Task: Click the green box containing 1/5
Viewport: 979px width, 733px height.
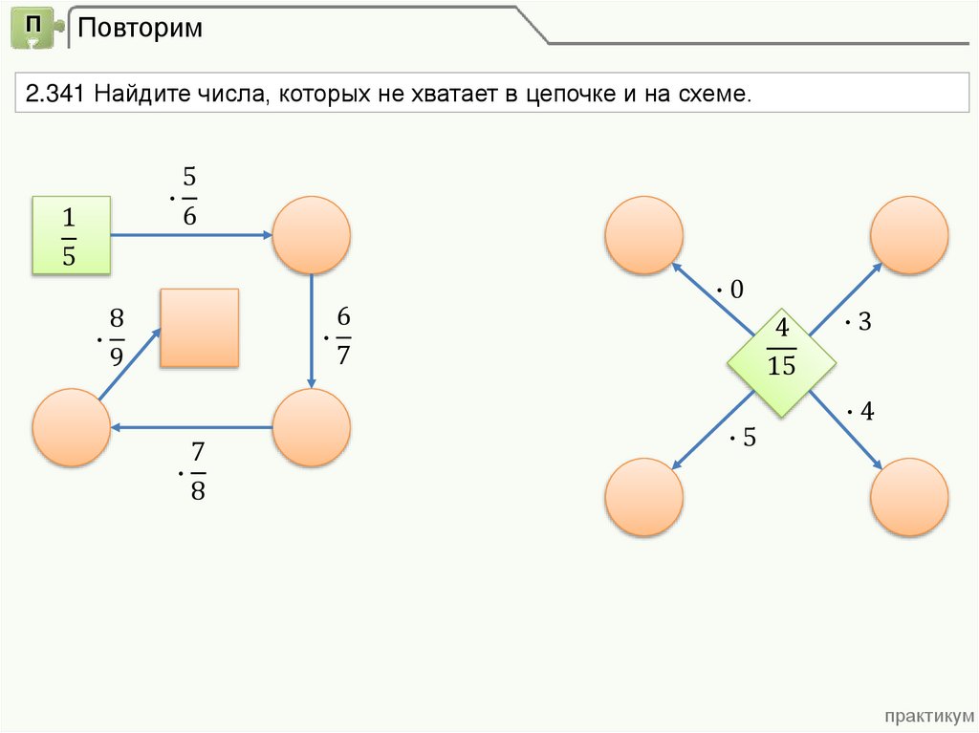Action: [72, 235]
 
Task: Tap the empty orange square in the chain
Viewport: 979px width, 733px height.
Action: [199, 328]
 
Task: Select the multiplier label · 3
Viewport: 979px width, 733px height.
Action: [859, 323]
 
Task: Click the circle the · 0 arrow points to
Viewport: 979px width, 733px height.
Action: [644, 235]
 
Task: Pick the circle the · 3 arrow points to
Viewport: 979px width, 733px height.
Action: [909, 235]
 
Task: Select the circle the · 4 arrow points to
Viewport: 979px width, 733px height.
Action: [909, 496]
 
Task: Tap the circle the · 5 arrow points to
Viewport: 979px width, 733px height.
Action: [644, 496]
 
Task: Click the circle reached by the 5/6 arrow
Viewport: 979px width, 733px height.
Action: [312, 235]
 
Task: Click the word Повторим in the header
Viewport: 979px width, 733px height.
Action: [140, 28]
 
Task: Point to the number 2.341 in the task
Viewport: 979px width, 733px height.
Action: [55, 95]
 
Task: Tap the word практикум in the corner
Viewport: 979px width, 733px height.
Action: [928, 716]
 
